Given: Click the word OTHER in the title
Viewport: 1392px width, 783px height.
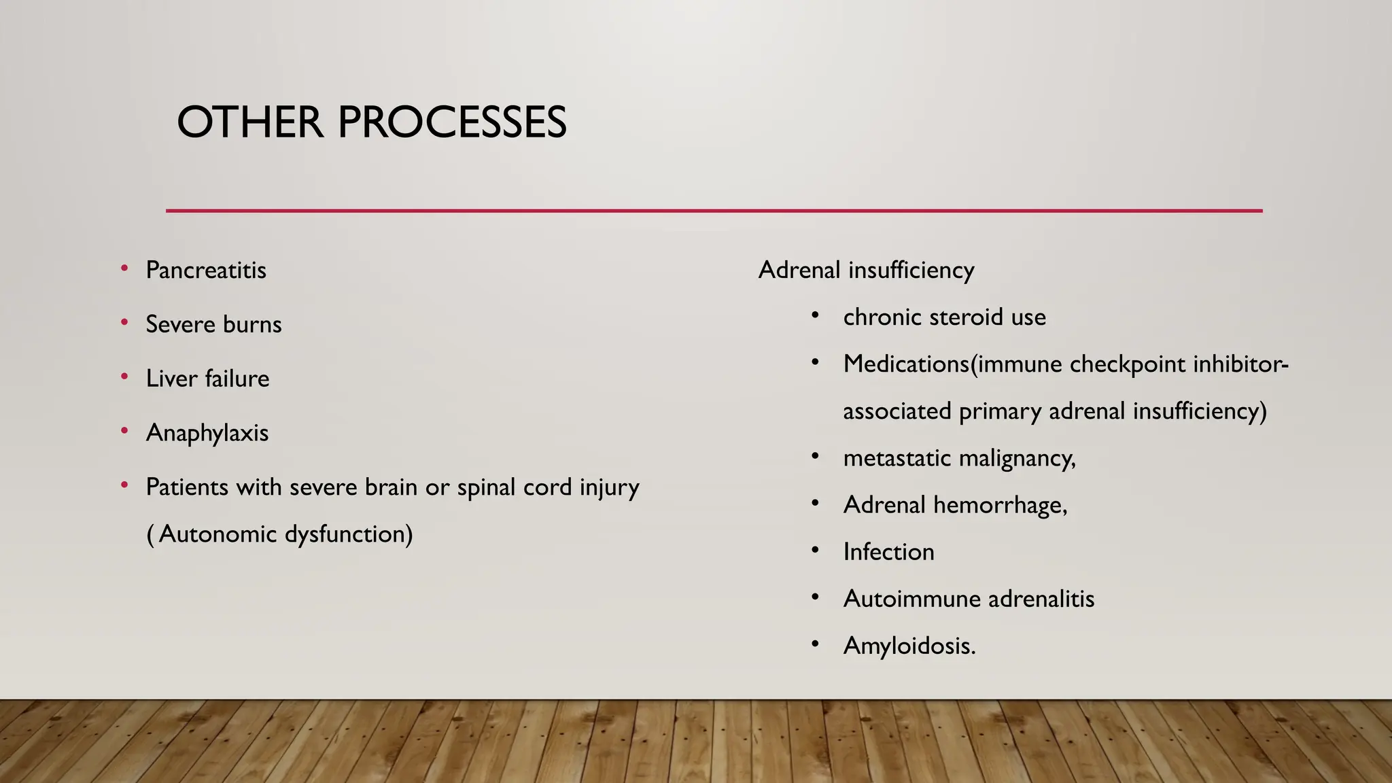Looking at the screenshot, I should tap(249, 123).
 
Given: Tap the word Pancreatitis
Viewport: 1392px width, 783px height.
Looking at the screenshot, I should tap(206, 271).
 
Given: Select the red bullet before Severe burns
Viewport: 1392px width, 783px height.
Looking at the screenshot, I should tap(124, 323).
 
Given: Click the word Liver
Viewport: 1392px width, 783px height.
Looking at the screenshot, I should tap(171, 379).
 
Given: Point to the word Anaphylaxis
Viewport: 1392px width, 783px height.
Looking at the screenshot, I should tap(207, 434).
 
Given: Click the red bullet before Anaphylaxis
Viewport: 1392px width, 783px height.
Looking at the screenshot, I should tap(124, 431).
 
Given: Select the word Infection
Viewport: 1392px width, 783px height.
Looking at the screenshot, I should tap(888, 552).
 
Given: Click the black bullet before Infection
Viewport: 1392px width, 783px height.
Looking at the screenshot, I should tap(815, 549).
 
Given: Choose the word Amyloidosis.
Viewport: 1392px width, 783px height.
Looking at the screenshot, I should tap(909, 646).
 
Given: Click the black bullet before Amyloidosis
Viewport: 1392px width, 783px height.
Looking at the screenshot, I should tap(815, 643).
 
